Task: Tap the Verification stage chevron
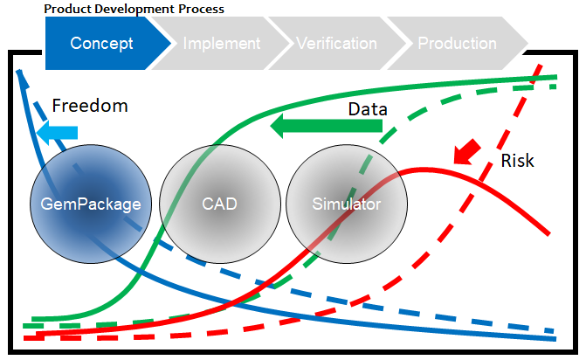click(x=337, y=44)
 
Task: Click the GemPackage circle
click(x=91, y=204)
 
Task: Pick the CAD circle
click(x=220, y=204)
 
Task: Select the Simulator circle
click(x=347, y=204)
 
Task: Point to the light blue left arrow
click(x=57, y=133)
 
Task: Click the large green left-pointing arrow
click(x=327, y=126)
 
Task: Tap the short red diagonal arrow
click(x=466, y=152)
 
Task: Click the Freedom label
click(x=90, y=106)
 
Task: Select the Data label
click(x=368, y=109)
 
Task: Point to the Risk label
click(x=517, y=161)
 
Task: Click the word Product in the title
click(x=68, y=9)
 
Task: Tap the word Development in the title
click(x=134, y=10)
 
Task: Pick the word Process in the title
click(x=201, y=9)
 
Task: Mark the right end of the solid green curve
click(x=556, y=78)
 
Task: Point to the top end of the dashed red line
click(x=540, y=66)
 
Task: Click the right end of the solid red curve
click(x=548, y=234)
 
